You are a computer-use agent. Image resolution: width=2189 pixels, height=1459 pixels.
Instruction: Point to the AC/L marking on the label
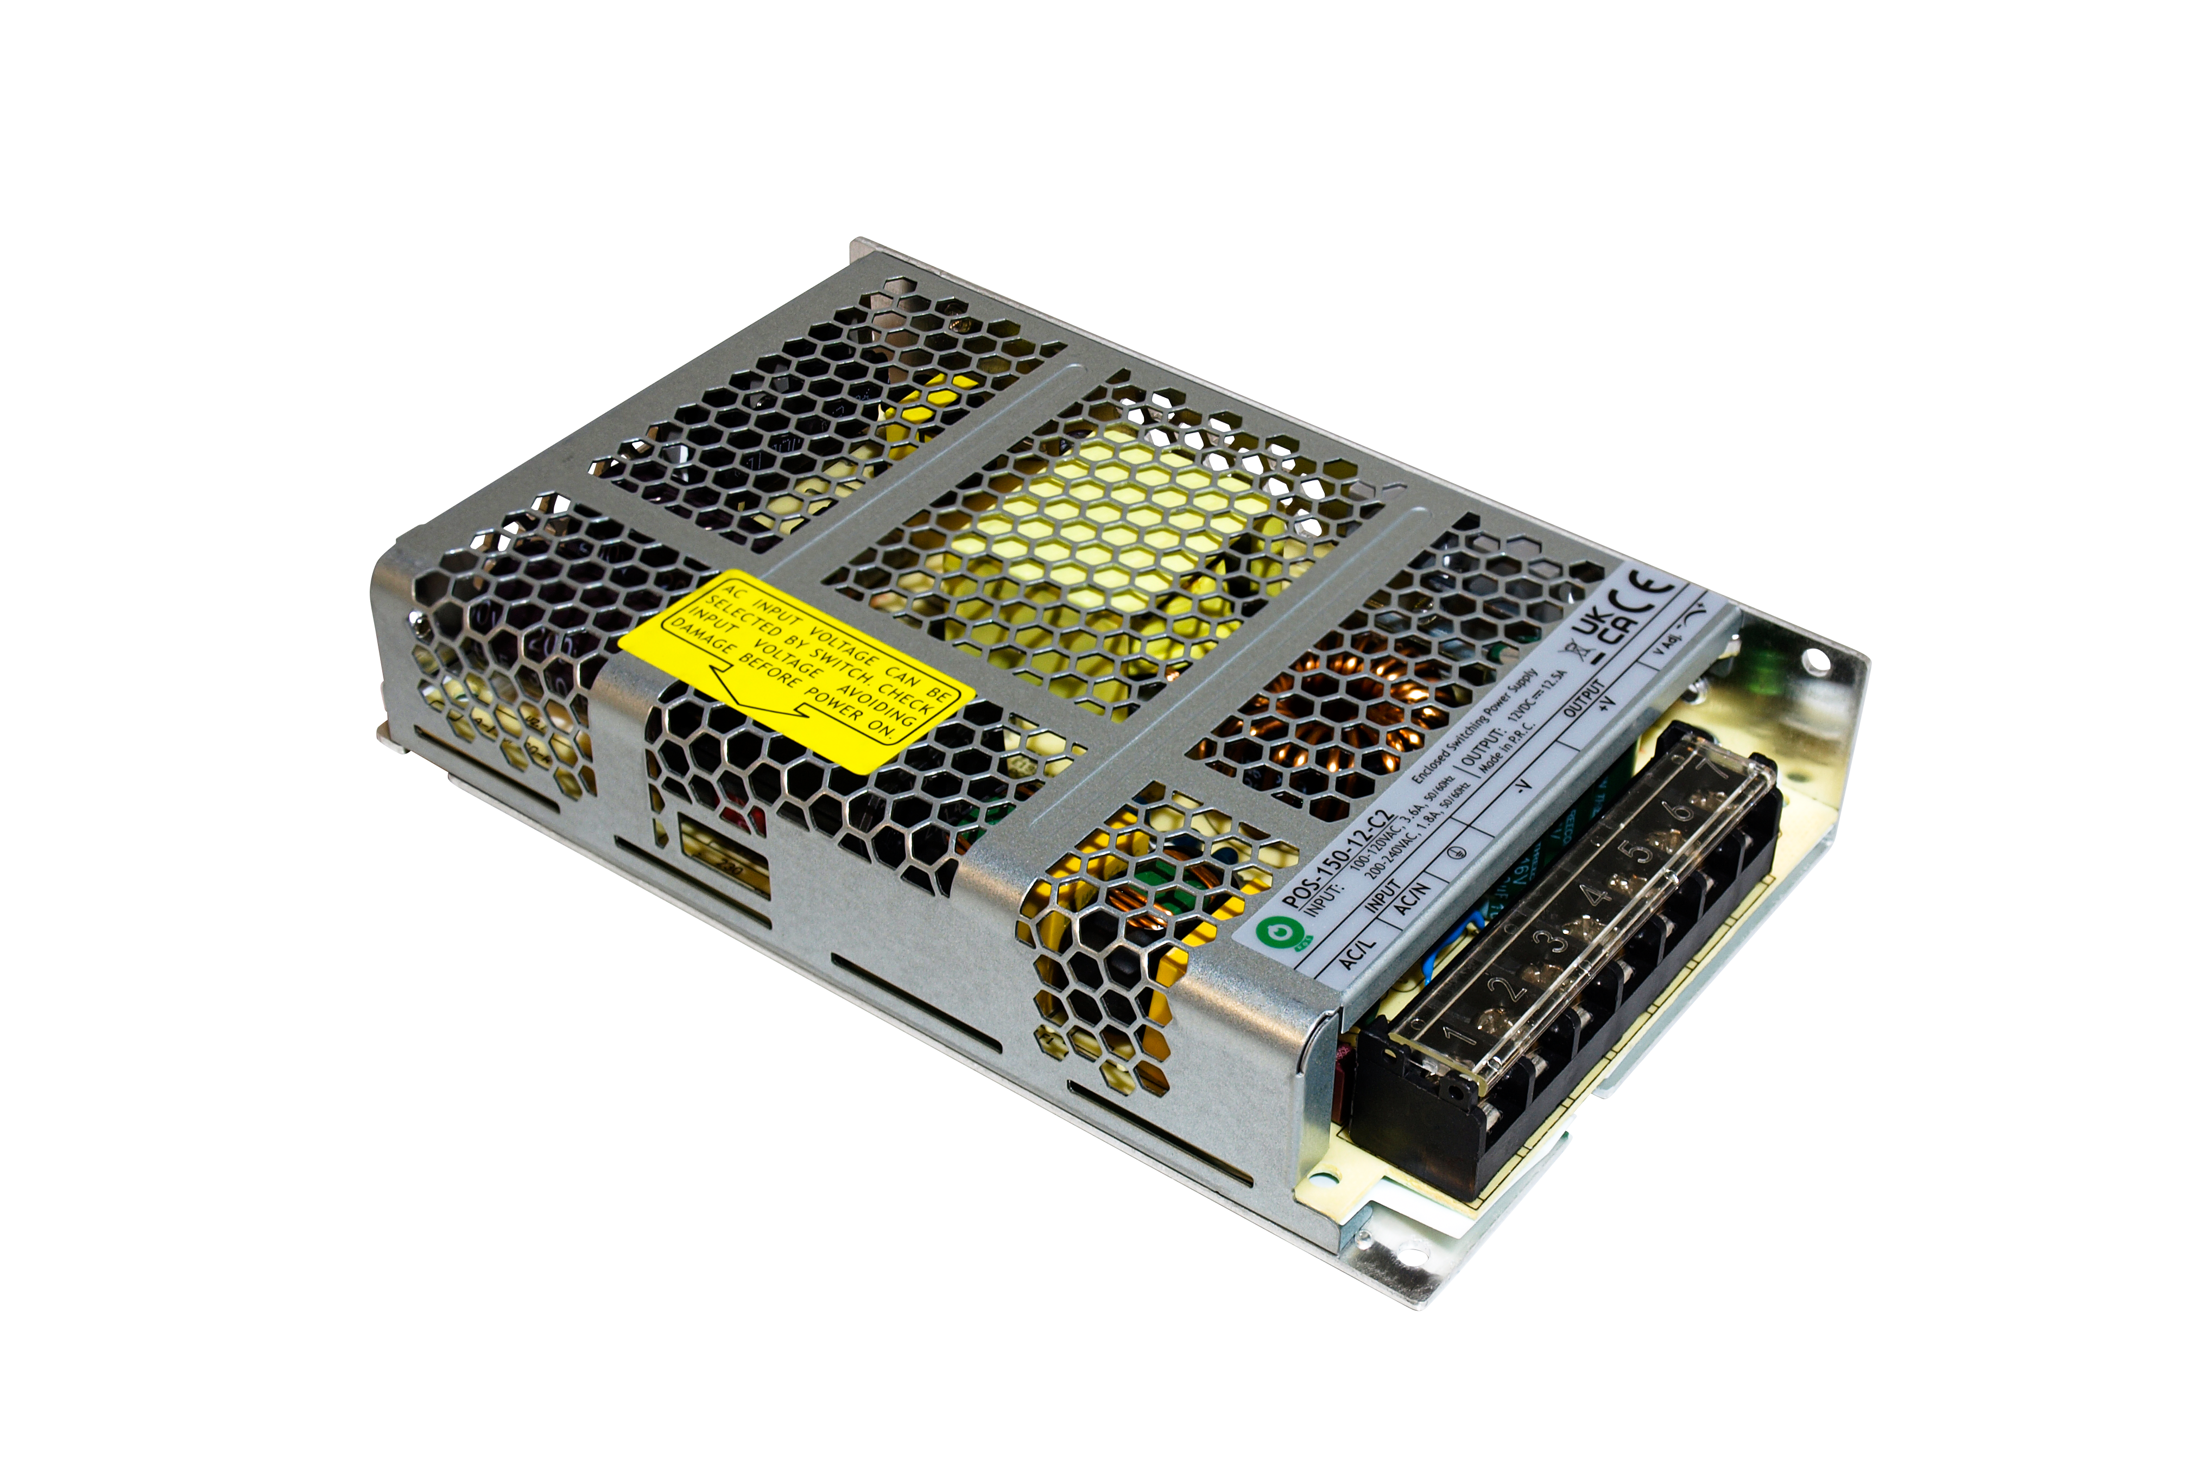point(1357,954)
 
